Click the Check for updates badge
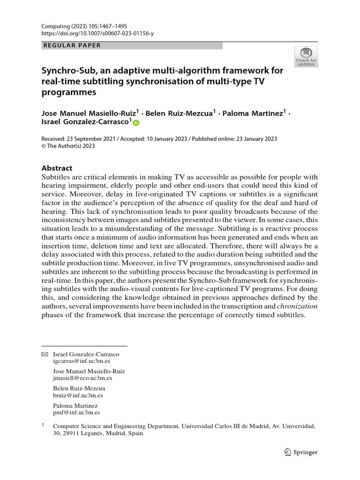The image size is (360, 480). (306, 57)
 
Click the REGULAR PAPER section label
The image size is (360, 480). (71, 45)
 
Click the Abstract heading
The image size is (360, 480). (57, 168)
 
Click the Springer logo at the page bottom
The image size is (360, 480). (301, 452)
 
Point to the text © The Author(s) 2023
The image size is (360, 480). (68, 146)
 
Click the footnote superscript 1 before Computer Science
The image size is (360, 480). (43, 425)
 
